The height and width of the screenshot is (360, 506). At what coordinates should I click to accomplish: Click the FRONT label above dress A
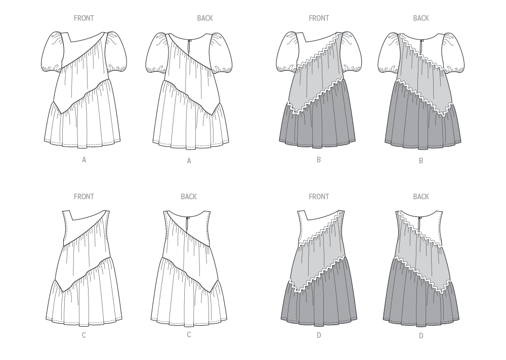84,18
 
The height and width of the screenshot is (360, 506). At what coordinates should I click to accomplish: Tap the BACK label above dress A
205,18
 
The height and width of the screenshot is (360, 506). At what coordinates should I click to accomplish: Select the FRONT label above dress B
319,18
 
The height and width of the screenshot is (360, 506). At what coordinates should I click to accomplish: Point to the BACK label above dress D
421,197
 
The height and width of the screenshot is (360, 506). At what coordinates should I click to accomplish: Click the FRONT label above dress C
84,197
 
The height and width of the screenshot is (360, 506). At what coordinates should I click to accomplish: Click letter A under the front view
84,160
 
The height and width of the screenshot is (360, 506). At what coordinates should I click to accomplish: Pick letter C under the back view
189,335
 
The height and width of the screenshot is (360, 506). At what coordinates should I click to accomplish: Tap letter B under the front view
319,160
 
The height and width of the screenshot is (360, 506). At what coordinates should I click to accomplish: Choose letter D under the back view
421,335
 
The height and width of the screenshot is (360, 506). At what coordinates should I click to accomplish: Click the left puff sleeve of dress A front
52,53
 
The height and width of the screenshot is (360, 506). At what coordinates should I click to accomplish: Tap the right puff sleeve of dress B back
451,53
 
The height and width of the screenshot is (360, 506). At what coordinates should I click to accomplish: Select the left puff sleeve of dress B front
287,53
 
